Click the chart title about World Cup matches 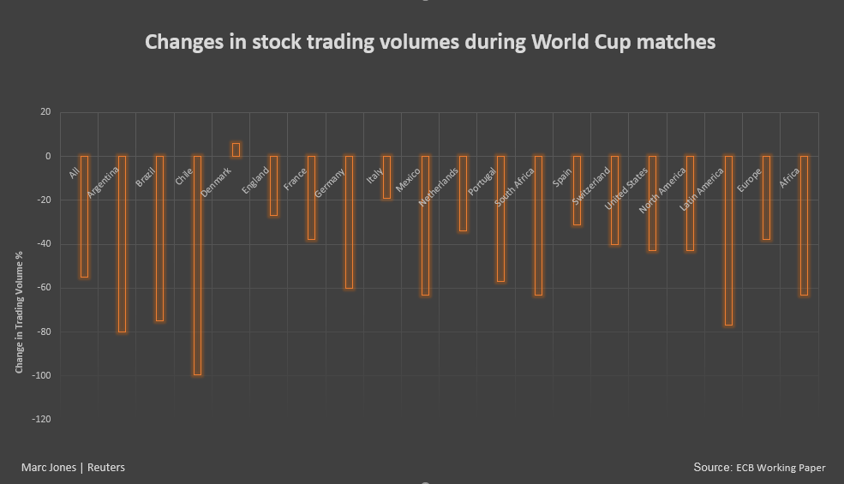click(x=430, y=42)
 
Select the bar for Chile click(x=197, y=265)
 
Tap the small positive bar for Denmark click(x=236, y=149)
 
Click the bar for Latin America click(x=728, y=240)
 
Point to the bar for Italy click(x=386, y=176)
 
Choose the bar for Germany click(x=349, y=222)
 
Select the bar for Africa click(x=804, y=224)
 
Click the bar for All click(x=84, y=216)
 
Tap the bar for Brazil click(x=159, y=238)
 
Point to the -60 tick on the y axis click(x=39, y=288)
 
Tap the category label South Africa click(x=514, y=188)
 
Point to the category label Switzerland click(x=591, y=186)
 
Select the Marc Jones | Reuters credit click(x=73, y=467)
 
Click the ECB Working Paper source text click(x=780, y=468)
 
